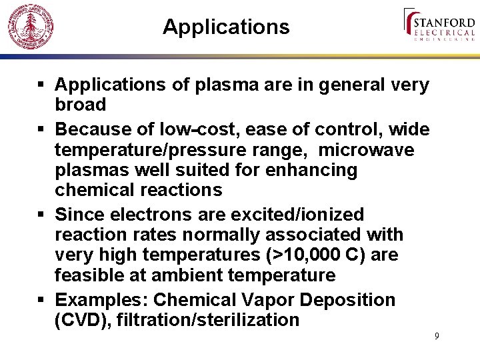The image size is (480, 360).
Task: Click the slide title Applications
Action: [x=226, y=27]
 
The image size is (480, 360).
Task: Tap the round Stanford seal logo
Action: [x=30, y=27]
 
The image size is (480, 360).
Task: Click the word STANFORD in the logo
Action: [x=445, y=21]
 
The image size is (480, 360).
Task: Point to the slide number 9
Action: [x=437, y=336]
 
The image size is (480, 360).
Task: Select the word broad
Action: [x=81, y=105]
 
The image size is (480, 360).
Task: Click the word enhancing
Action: [x=311, y=170]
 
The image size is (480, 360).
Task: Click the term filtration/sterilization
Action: [x=208, y=320]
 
